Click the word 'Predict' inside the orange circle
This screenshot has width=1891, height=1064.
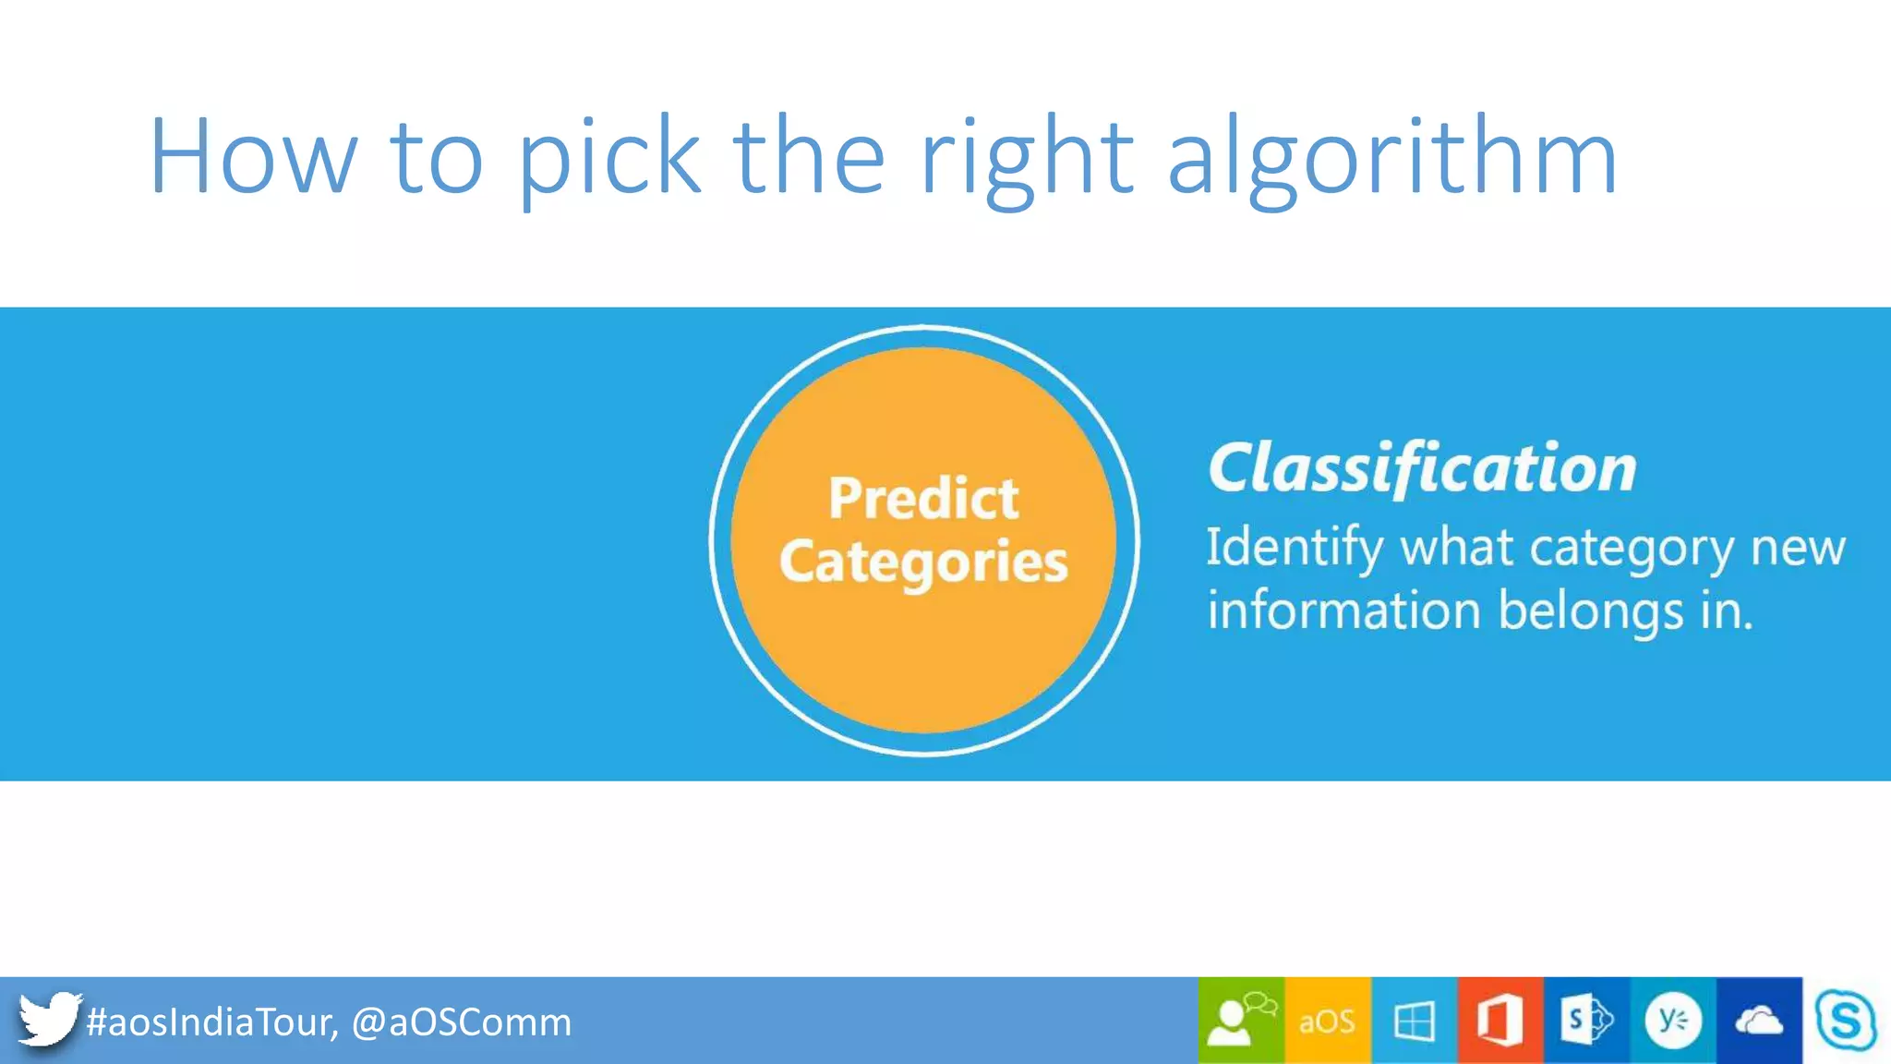click(x=923, y=499)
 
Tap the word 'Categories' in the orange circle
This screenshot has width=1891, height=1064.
click(x=923, y=562)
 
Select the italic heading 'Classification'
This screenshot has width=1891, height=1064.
click(x=1422, y=468)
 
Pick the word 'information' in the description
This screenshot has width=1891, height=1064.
click(x=1343, y=611)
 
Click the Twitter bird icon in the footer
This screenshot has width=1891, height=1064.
click(x=48, y=1020)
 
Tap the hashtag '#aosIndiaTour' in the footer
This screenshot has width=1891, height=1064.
click(x=211, y=1022)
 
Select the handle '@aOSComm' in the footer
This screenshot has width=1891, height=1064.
click(x=462, y=1022)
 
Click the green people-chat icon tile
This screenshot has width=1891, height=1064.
click(x=1241, y=1021)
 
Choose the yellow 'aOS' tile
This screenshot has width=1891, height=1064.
click(x=1327, y=1021)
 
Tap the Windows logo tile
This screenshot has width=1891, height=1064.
click(x=1414, y=1021)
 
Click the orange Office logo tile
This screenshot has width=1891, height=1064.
click(x=1500, y=1021)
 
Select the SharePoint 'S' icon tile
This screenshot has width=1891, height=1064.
click(x=1585, y=1021)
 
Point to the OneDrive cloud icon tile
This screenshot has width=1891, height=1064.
click(x=1758, y=1021)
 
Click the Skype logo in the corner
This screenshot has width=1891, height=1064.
click(x=1845, y=1021)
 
